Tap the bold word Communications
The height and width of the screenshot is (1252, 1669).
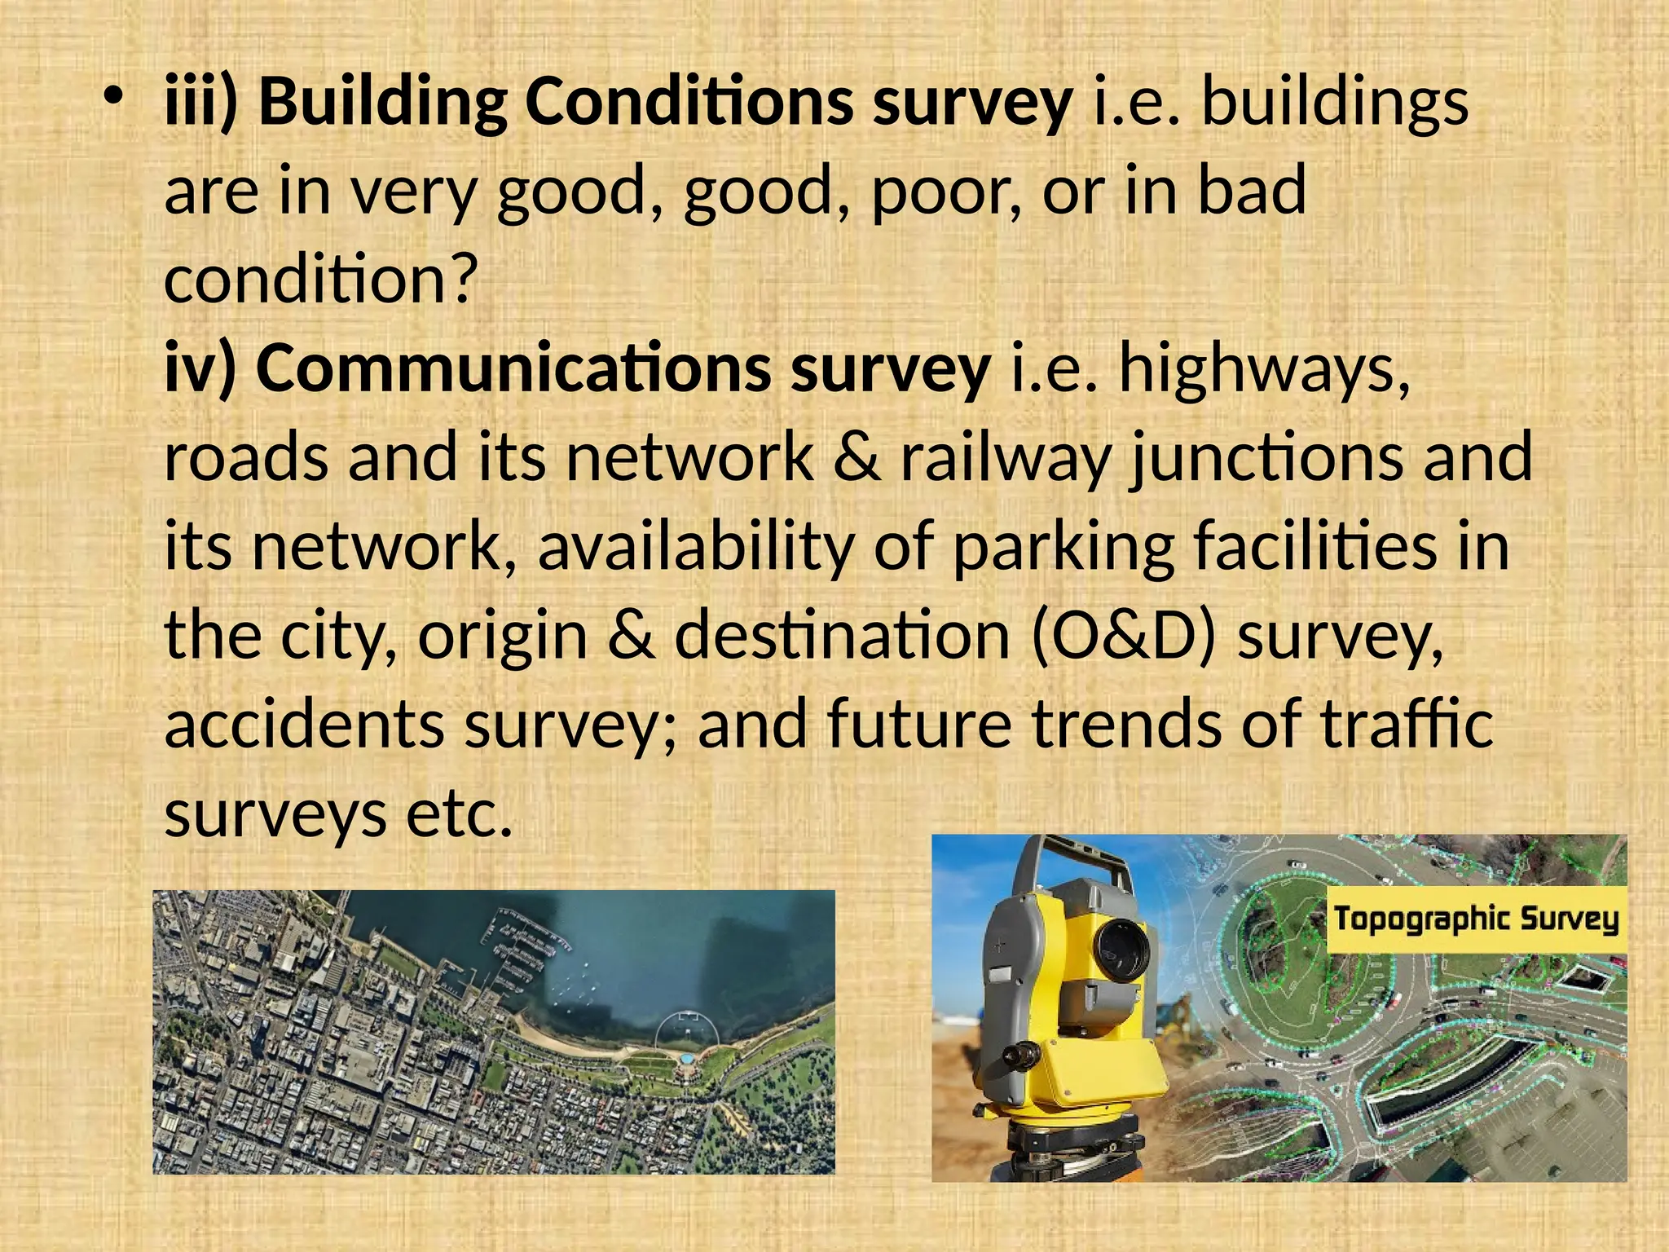(x=513, y=368)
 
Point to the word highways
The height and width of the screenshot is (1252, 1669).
(x=1264, y=370)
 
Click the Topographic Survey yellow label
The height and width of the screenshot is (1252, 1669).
(x=1476, y=920)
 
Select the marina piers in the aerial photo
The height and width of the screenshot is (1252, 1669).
(x=522, y=954)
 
